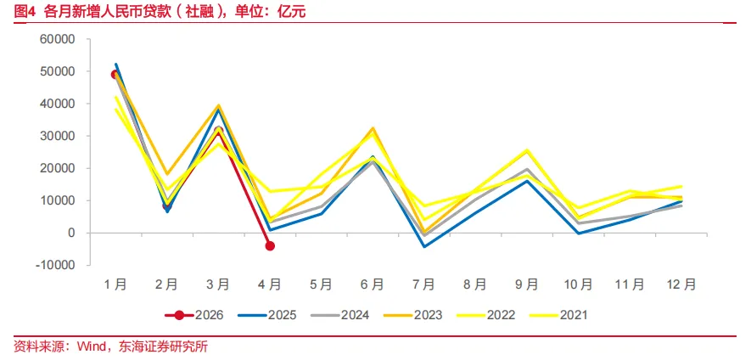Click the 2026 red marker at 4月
[270, 246]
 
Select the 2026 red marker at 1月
[115, 75]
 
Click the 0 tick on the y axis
[72, 233]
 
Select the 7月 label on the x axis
[424, 284]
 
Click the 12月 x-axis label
[681, 284]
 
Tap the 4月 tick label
[270, 284]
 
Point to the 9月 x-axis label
[527, 284]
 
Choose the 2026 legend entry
[194, 315]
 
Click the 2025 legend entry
[267, 315]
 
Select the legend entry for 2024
[340, 315]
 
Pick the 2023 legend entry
[413, 315]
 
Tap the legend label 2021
[574, 315]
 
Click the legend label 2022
[501, 315]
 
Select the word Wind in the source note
[91, 346]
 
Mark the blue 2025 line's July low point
[424, 247]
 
